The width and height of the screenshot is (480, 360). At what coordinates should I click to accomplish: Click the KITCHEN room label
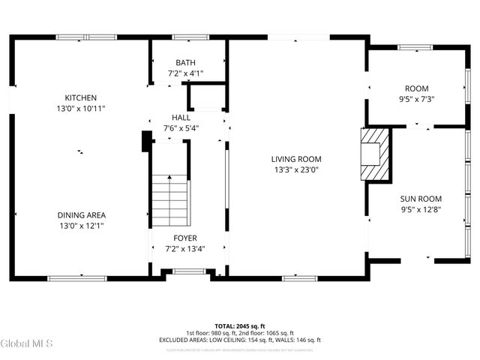pyautogui.click(x=80, y=97)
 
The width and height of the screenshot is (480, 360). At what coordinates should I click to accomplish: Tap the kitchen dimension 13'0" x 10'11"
pyautogui.click(x=80, y=108)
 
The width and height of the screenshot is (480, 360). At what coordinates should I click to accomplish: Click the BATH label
pyautogui.click(x=185, y=62)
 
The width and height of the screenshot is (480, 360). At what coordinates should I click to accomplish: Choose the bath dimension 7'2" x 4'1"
pyautogui.click(x=185, y=73)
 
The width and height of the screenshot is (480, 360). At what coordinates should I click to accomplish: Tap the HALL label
pyautogui.click(x=181, y=118)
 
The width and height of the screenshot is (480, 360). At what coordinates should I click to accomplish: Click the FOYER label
pyautogui.click(x=185, y=238)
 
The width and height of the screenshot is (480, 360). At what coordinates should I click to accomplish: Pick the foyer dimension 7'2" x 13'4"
pyautogui.click(x=185, y=248)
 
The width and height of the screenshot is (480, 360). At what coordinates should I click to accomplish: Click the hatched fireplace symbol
pyautogui.click(x=375, y=154)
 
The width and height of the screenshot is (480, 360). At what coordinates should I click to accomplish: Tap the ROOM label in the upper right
pyautogui.click(x=416, y=88)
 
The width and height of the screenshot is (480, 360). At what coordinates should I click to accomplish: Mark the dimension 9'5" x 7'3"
pyautogui.click(x=416, y=98)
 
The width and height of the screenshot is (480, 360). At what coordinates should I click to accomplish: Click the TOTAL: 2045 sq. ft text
pyautogui.click(x=240, y=325)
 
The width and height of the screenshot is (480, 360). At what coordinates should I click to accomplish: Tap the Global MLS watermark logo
pyautogui.click(x=27, y=344)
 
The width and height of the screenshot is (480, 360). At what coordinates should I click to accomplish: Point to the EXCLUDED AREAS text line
pyautogui.click(x=240, y=340)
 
